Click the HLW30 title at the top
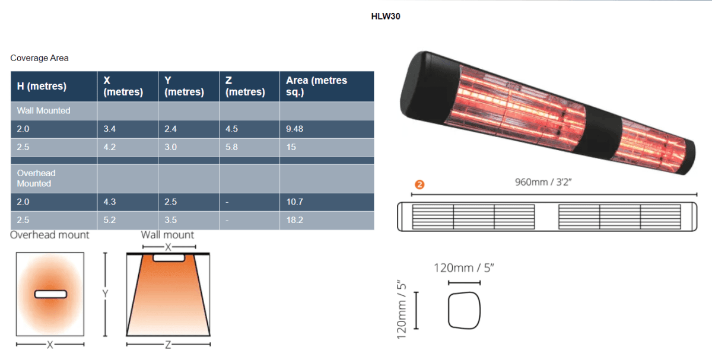click(386, 16)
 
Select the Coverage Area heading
click(39, 58)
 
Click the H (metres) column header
click(41, 86)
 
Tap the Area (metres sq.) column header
click(316, 86)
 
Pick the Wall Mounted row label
click(43, 111)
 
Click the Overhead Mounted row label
click(36, 178)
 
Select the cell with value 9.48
click(294, 129)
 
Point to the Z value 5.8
click(231, 147)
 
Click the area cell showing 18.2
click(294, 220)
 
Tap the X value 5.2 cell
click(110, 220)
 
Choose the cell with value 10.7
click(294, 202)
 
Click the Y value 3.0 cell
click(170, 147)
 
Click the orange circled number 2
click(419, 184)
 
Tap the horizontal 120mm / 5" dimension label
click(464, 268)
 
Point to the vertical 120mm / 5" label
click(402, 310)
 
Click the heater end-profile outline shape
click(465, 310)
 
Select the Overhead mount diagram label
click(50, 235)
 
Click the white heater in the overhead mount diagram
click(50, 294)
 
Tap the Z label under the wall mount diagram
click(168, 345)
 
